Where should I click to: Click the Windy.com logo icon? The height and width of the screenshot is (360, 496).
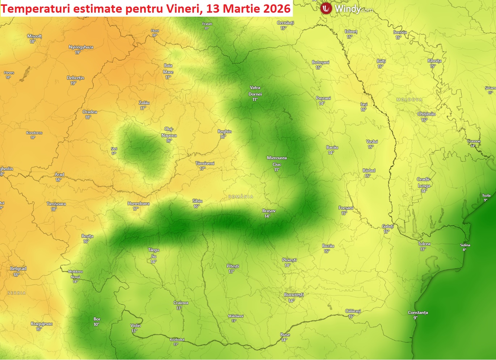[326, 8]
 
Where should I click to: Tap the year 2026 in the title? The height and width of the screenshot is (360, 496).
[277, 8]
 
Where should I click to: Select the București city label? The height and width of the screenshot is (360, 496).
[294, 295]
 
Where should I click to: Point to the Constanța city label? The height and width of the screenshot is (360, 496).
[418, 313]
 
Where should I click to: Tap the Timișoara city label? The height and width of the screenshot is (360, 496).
[56, 204]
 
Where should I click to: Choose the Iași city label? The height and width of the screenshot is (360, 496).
[364, 104]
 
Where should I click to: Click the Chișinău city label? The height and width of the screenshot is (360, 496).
[426, 114]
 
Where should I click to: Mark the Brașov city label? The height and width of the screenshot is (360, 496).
[269, 211]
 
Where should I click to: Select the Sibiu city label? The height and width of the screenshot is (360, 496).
[197, 201]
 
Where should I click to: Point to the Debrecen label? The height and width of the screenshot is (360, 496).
[75, 78]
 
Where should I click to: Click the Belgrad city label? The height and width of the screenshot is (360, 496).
[18, 269]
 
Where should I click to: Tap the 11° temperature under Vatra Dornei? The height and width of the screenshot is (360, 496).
[255, 100]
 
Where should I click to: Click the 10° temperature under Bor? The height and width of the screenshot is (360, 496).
[96, 325]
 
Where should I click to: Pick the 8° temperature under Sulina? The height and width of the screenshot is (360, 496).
[464, 250]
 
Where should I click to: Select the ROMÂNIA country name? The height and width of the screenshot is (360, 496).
[241, 197]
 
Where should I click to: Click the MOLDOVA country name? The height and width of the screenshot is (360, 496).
[409, 100]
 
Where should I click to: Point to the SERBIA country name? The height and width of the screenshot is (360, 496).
[17, 293]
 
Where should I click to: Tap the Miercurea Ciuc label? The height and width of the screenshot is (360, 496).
[277, 161]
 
